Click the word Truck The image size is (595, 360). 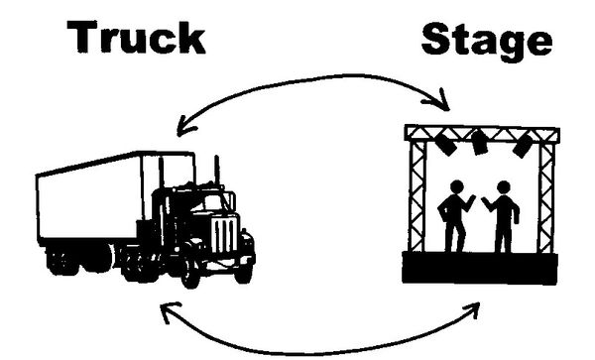pos(136,37)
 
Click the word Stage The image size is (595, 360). pos(487,41)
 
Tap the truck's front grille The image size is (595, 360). pos(225,234)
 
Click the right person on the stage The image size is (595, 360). pos(502,216)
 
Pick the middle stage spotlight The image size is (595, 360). pos(479,143)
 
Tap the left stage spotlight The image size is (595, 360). pos(445,144)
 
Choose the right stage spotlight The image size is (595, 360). pos(523,145)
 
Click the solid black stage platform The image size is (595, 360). pos(480,268)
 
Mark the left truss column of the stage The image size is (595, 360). pos(417,196)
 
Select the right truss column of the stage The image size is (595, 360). pos(546,197)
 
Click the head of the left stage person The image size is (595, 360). pos(457,187)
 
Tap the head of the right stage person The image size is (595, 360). pos(504,187)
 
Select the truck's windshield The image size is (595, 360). pos(213,202)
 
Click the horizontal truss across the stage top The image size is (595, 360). pos(482,134)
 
